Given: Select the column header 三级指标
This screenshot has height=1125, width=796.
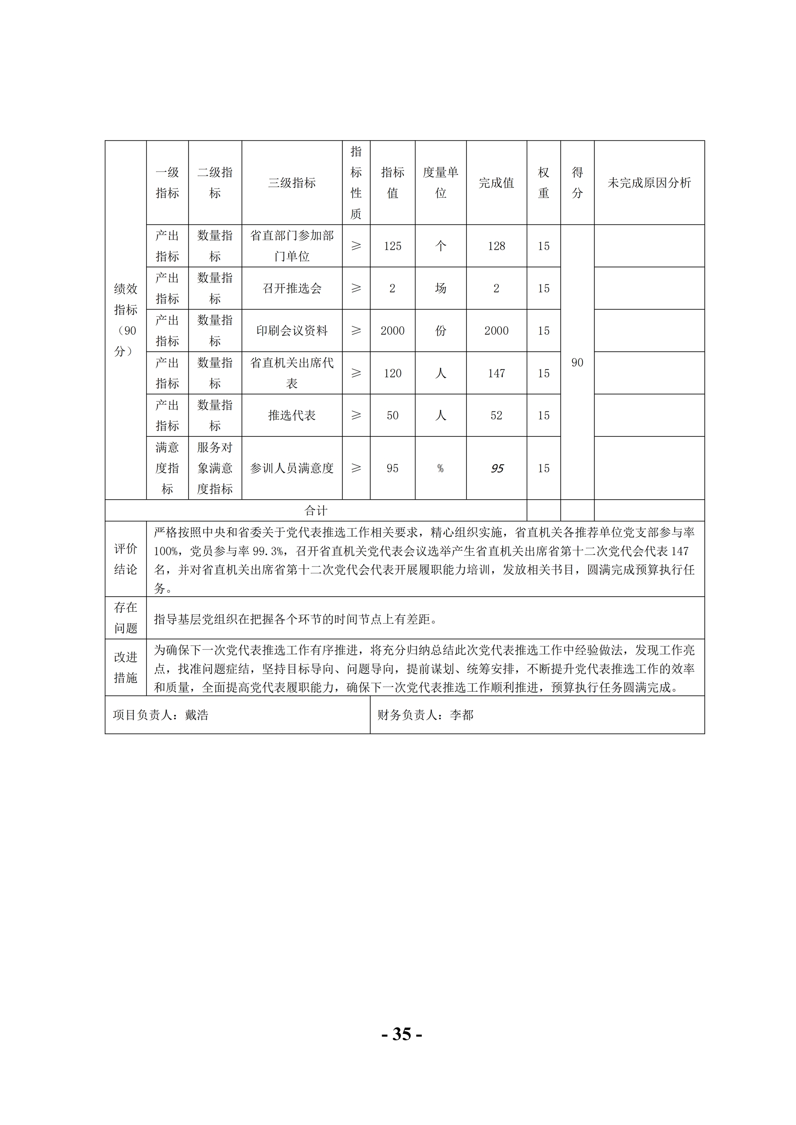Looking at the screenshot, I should tap(292, 183).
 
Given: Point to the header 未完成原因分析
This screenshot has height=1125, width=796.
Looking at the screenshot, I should tap(649, 183).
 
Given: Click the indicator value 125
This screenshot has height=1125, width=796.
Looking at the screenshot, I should tap(392, 246).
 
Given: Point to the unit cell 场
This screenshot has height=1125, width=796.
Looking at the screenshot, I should tap(440, 288).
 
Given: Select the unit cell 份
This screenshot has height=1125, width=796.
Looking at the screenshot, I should tap(440, 331).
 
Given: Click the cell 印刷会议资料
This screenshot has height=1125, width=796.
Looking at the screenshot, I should tap(292, 331).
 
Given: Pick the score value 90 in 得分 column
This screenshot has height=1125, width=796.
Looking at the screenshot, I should tap(577, 362).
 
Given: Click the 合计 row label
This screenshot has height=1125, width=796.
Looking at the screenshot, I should tap(315, 510).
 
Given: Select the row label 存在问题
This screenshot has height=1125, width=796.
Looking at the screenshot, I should tap(125, 618).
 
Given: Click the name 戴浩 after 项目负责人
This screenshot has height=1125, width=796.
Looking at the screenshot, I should tap(197, 715).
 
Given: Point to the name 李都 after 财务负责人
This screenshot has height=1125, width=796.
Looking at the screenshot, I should tap(462, 715).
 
